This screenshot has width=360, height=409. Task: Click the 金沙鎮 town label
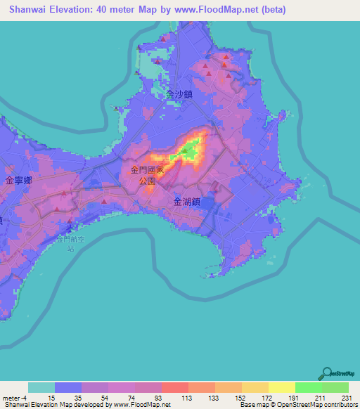click(180, 93)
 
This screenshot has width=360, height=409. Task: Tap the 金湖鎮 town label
click(188, 201)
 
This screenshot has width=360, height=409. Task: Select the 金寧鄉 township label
click(18, 181)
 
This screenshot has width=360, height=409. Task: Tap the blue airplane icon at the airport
click(69, 228)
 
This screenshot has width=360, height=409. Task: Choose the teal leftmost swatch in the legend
click(41, 387)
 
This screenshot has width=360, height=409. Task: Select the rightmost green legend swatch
click(335, 387)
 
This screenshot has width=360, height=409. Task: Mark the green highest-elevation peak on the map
click(188, 149)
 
